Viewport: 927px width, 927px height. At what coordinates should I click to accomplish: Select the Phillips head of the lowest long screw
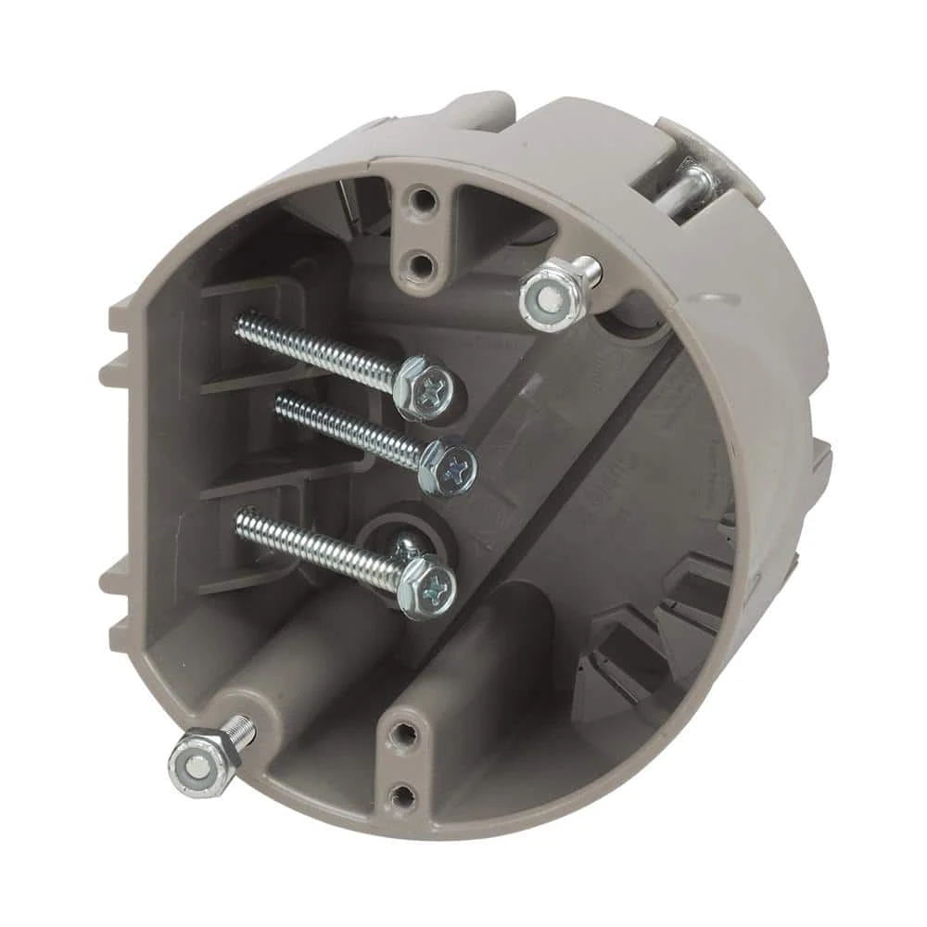point(429,586)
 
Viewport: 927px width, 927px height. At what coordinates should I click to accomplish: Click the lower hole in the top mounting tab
point(421,266)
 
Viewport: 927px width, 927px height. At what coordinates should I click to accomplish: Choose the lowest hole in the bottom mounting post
point(401,794)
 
